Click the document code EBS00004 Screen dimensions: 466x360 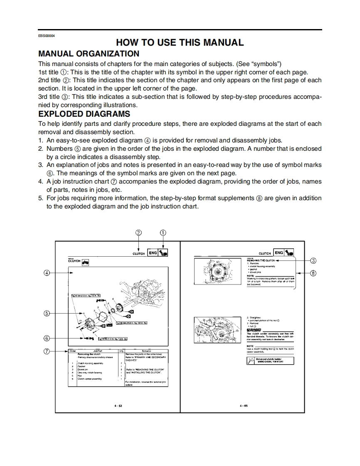[x=47, y=35]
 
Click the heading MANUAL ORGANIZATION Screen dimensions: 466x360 [x=89, y=54]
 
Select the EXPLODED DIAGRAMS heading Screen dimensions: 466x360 [x=84, y=114]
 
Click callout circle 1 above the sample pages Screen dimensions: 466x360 [x=163, y=233]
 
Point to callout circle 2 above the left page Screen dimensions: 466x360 [x=139, y=233]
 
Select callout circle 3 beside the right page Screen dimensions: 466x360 [x=313, y=260]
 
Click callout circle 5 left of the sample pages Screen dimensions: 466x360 [x=47, y=313]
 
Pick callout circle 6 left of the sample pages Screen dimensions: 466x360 [x=47, y=338]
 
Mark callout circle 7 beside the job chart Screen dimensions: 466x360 [x=47, y=351]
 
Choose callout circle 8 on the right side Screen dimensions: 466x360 [x=313, y=273]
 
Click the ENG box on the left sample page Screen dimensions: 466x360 [x=153, y=253]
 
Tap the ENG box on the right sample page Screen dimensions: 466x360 [x=279, y=253]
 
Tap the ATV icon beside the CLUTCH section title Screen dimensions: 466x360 [x=86, y=262]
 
